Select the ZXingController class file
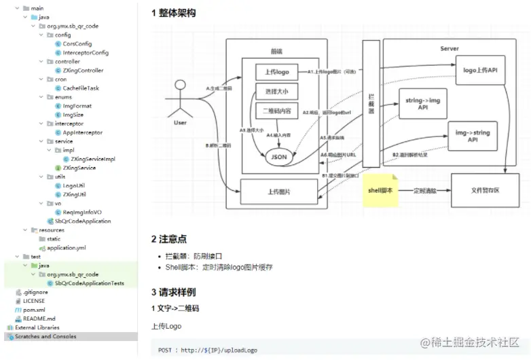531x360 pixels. tap(83, 70)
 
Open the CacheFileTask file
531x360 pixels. tap(80, 88)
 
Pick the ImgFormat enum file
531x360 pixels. tap(77, 106)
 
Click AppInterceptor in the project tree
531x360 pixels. tap(82, 132)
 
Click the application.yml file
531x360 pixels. tap(66, 248)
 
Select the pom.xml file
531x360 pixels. tap(33, 310)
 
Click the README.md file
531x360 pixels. tap(39, 319)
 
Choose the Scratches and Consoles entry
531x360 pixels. tap(45, 336)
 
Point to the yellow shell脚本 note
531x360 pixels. tap(378, 190)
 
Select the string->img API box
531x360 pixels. tap(422, 103)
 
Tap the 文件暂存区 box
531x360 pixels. tap(485, 190)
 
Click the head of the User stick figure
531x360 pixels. tap(180, 85)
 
